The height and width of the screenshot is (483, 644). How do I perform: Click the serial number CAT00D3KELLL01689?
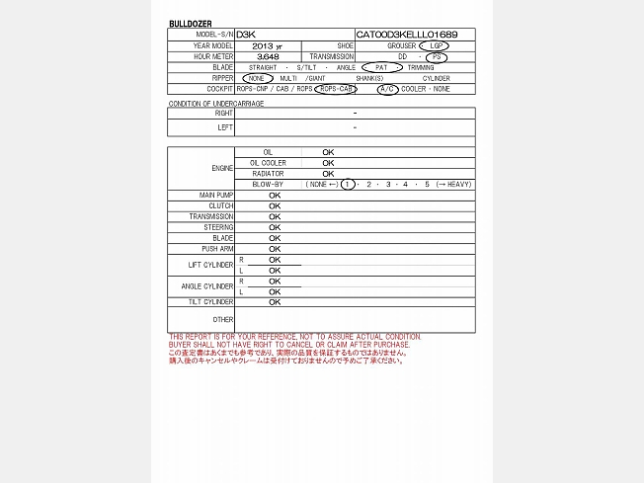406,35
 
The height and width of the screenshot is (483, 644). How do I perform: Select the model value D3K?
245,35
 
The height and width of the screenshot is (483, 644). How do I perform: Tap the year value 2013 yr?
267,45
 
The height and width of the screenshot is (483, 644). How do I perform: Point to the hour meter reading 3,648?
267,56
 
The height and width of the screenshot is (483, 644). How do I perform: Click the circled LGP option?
433,45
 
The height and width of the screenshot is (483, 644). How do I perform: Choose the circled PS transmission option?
437,56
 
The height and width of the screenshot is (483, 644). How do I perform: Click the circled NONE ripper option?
256,78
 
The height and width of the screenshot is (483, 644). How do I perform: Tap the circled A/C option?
388,89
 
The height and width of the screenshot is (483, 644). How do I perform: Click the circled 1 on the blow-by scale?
348,185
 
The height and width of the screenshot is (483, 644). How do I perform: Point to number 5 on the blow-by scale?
427,185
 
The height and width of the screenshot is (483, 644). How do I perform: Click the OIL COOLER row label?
268,163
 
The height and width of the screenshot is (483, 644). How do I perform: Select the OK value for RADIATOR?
328,174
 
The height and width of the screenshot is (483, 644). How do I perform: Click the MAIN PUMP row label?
216,196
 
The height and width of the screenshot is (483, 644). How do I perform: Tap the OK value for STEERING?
275,227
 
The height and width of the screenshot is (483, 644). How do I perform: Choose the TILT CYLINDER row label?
212,302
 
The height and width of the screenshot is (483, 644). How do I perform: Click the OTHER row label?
223,320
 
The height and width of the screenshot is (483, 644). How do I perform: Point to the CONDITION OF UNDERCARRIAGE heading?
215,103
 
